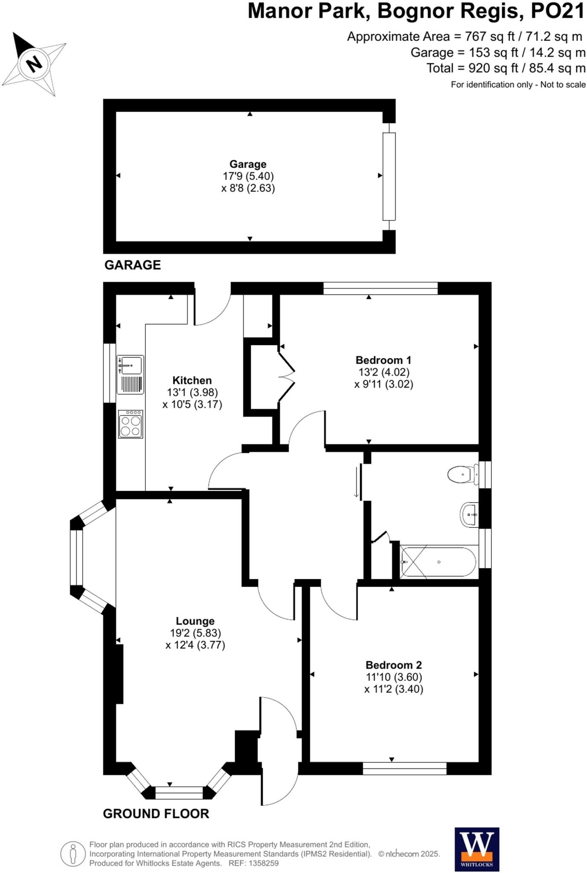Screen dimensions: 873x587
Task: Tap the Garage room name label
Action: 248,164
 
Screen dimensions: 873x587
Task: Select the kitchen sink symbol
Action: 130,374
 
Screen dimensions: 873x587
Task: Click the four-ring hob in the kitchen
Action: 130,424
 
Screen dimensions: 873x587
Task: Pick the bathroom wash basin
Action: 470,515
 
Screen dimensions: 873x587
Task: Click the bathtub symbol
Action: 438,562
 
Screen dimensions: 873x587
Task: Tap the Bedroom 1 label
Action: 383,360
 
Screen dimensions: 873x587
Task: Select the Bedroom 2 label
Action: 393,665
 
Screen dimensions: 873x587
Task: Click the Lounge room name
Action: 195,621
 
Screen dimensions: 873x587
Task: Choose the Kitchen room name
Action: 192,380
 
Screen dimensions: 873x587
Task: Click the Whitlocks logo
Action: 477,849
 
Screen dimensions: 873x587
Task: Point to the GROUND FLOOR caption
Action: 156,814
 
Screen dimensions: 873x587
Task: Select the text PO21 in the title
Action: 557,12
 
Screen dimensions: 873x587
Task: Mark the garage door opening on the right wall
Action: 389,176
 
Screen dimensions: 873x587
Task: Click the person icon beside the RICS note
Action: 73,853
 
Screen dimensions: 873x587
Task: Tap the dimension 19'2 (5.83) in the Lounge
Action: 195,633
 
